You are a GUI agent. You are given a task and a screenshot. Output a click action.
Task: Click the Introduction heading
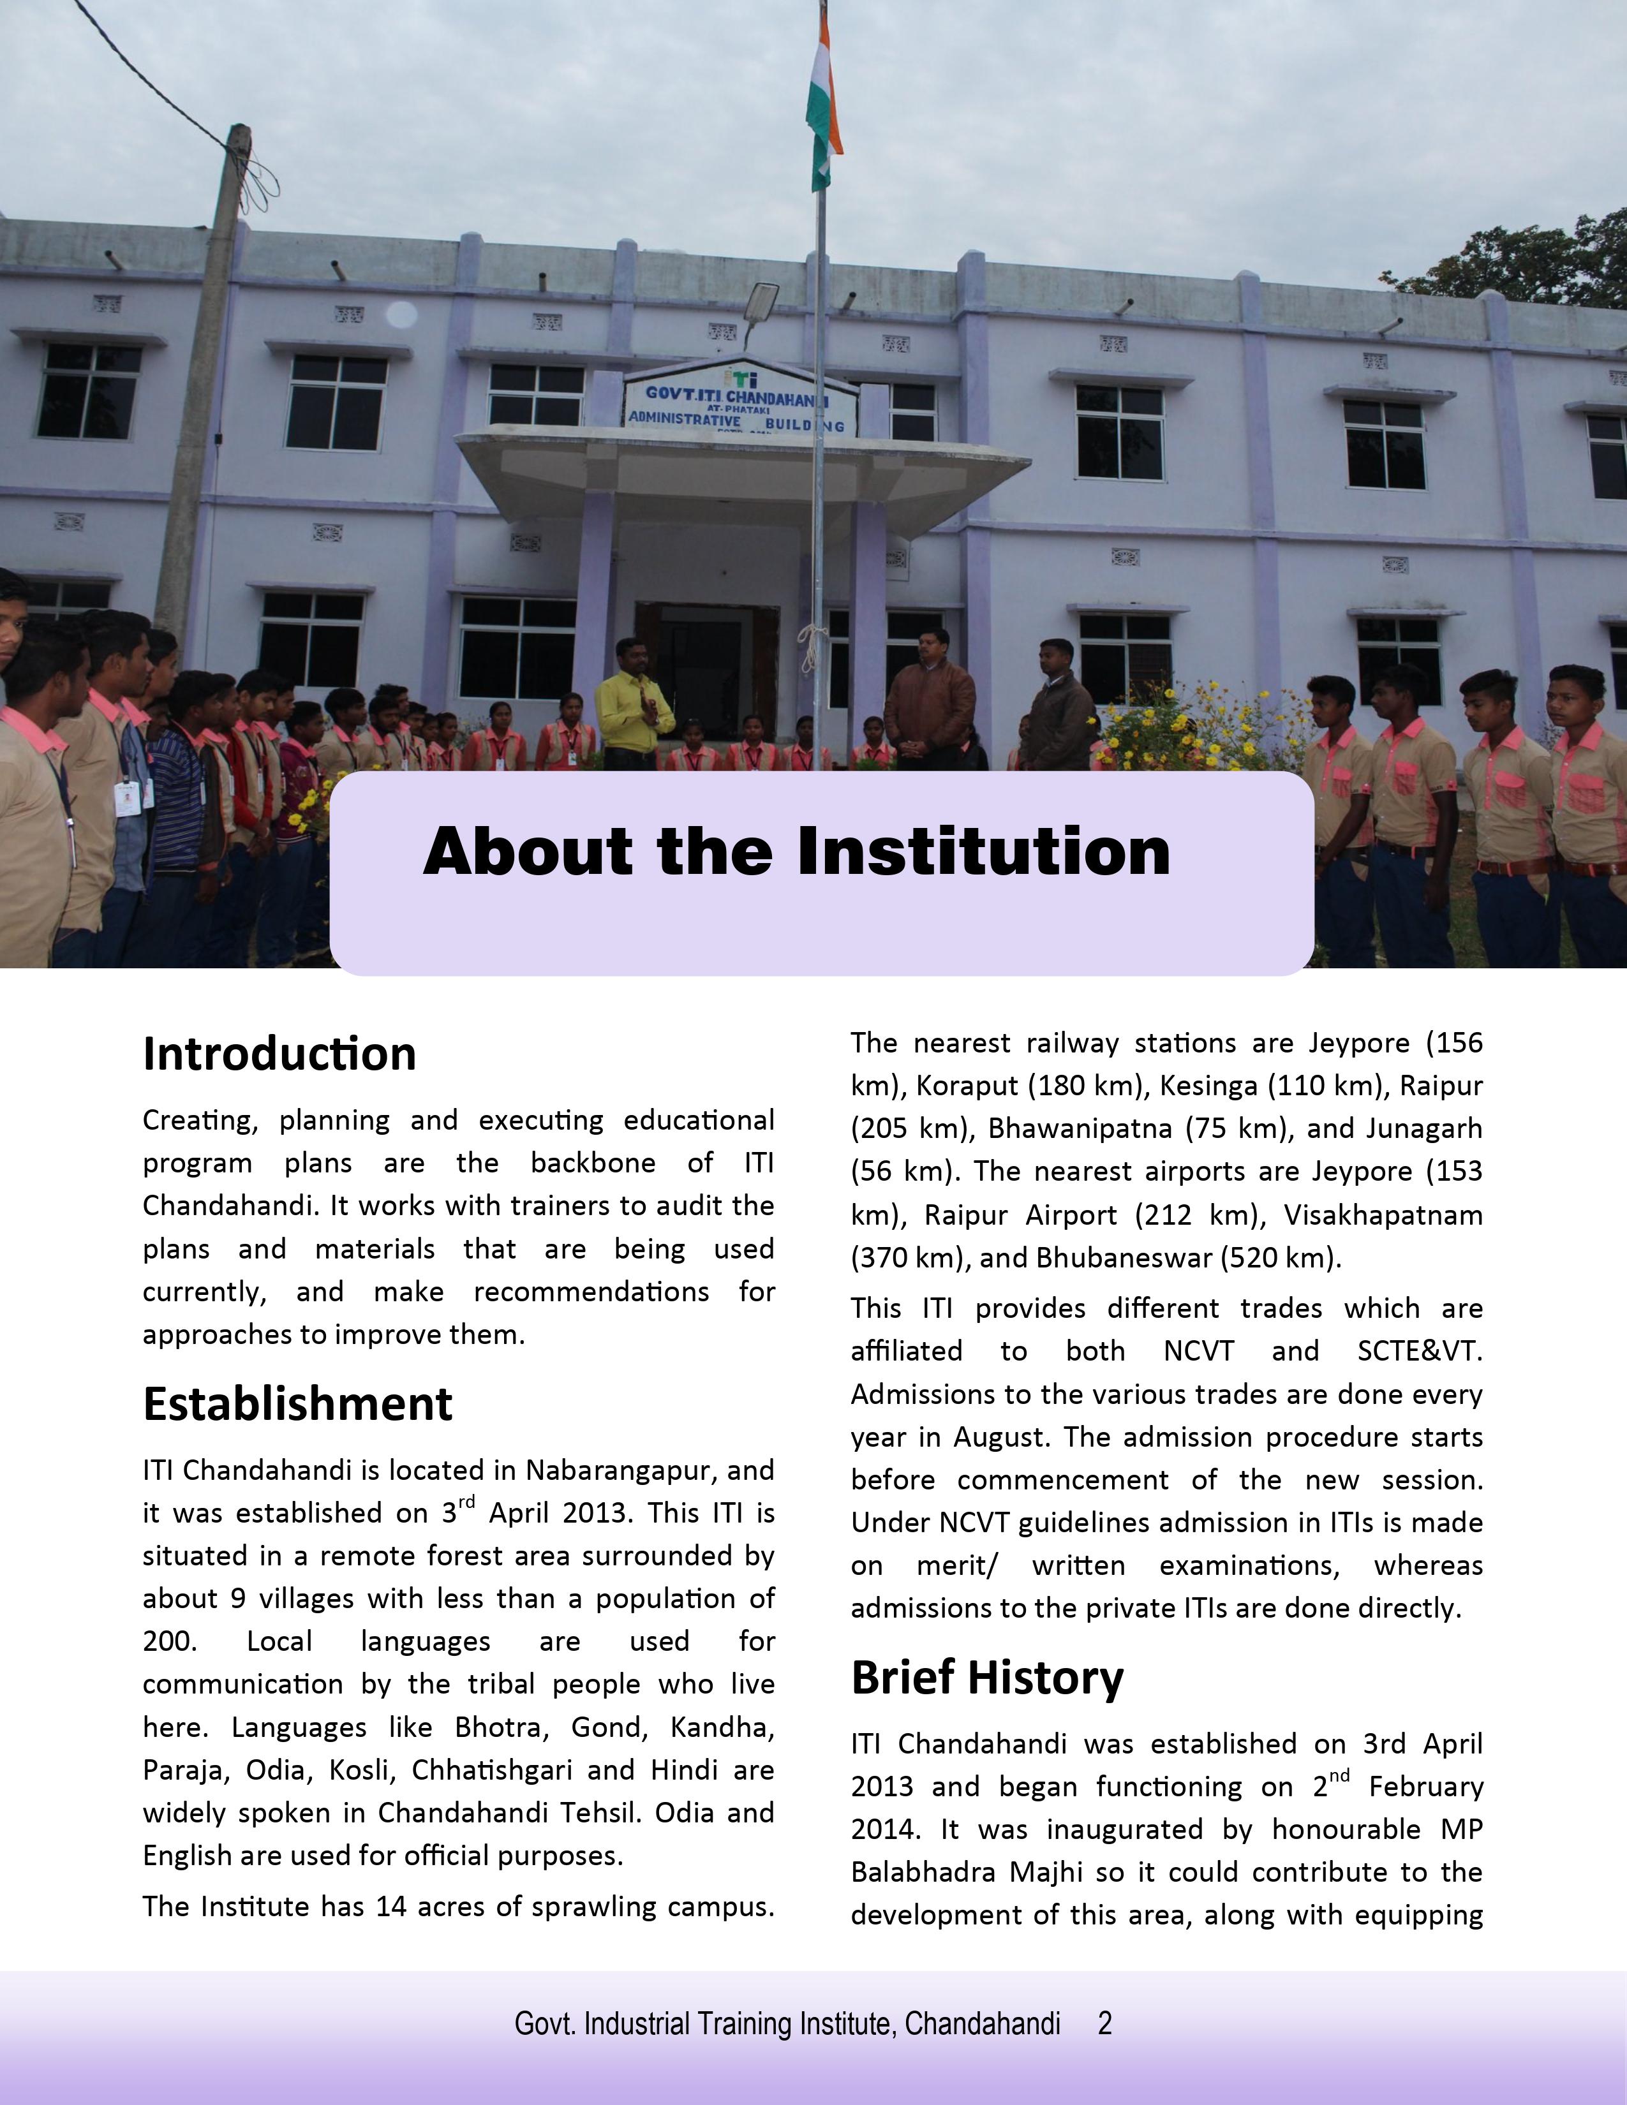point(279,1054)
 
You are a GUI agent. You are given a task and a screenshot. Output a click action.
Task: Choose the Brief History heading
point(987,1678)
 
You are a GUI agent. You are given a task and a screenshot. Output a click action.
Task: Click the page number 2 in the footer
point(1104,2023)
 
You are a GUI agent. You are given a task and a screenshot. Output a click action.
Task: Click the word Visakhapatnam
point(1383,1215)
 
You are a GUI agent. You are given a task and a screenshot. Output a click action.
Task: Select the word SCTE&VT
point(1419,1351)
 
